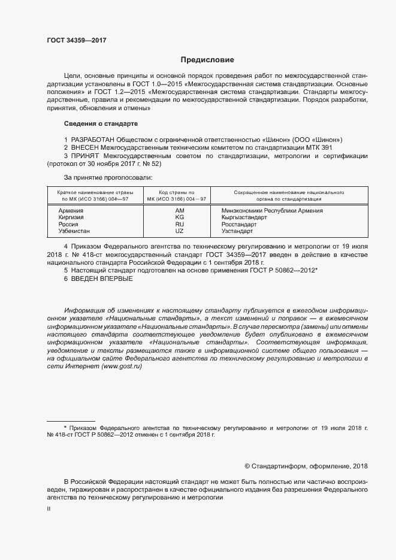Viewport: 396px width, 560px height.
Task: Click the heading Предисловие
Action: [x=207, y=60]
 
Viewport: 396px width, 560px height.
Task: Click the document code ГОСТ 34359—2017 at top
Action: [x=77, y=40]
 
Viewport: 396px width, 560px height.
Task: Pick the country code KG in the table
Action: [x=179, y=217]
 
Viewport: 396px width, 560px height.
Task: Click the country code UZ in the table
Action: [x=179, y=231]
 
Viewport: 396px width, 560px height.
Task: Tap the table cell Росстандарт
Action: [x=240, y=224]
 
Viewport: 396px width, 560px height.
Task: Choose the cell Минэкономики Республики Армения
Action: [x=272, y=211]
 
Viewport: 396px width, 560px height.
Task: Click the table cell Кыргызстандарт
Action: [x=244, y=217]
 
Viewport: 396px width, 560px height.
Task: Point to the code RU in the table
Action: [x=179, y=224]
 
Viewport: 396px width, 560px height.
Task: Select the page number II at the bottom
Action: [x=49, y=508]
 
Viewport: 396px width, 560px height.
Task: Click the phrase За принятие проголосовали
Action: [x=108, y=177]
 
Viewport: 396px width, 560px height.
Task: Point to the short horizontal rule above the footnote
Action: [x=71, y=421]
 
